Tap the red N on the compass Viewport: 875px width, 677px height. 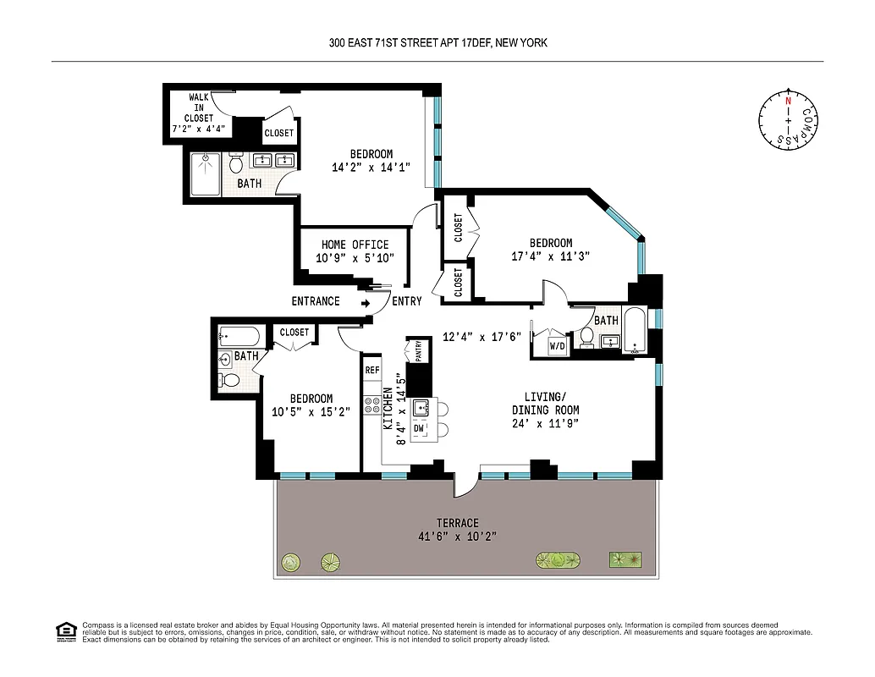pyautogui.click(x=789, y=101)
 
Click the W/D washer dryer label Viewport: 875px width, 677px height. pyautogui.click(x=558, y=345)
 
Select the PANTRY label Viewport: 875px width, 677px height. pyautogui.click(x=417, y=350)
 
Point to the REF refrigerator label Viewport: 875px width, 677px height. pyautogui.click(x=371, y=370)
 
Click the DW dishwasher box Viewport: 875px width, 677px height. pyautogui.click(x=419, y=428)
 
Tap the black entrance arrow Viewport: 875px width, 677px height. pyautogui.click(x=366, y=301)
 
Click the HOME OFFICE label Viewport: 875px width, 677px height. pyautogui.click(x=355, y=245)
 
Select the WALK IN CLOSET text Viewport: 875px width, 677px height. pyautogui.click(x=200, y=108)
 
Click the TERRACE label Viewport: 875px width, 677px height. pyautogui.click(x=458, y=523)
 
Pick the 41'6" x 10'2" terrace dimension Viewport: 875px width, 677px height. pyautogui.click(x=458, y=537)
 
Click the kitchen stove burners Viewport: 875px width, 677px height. pyautogui.click(x=371, y=405)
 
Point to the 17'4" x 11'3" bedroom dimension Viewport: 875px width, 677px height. pyautogui.click(x=550, y=256)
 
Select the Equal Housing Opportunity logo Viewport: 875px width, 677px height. pyautogui.click(x=64, y=630)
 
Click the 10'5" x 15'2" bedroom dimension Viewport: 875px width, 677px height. pyautogui.click(x=311, y=412)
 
